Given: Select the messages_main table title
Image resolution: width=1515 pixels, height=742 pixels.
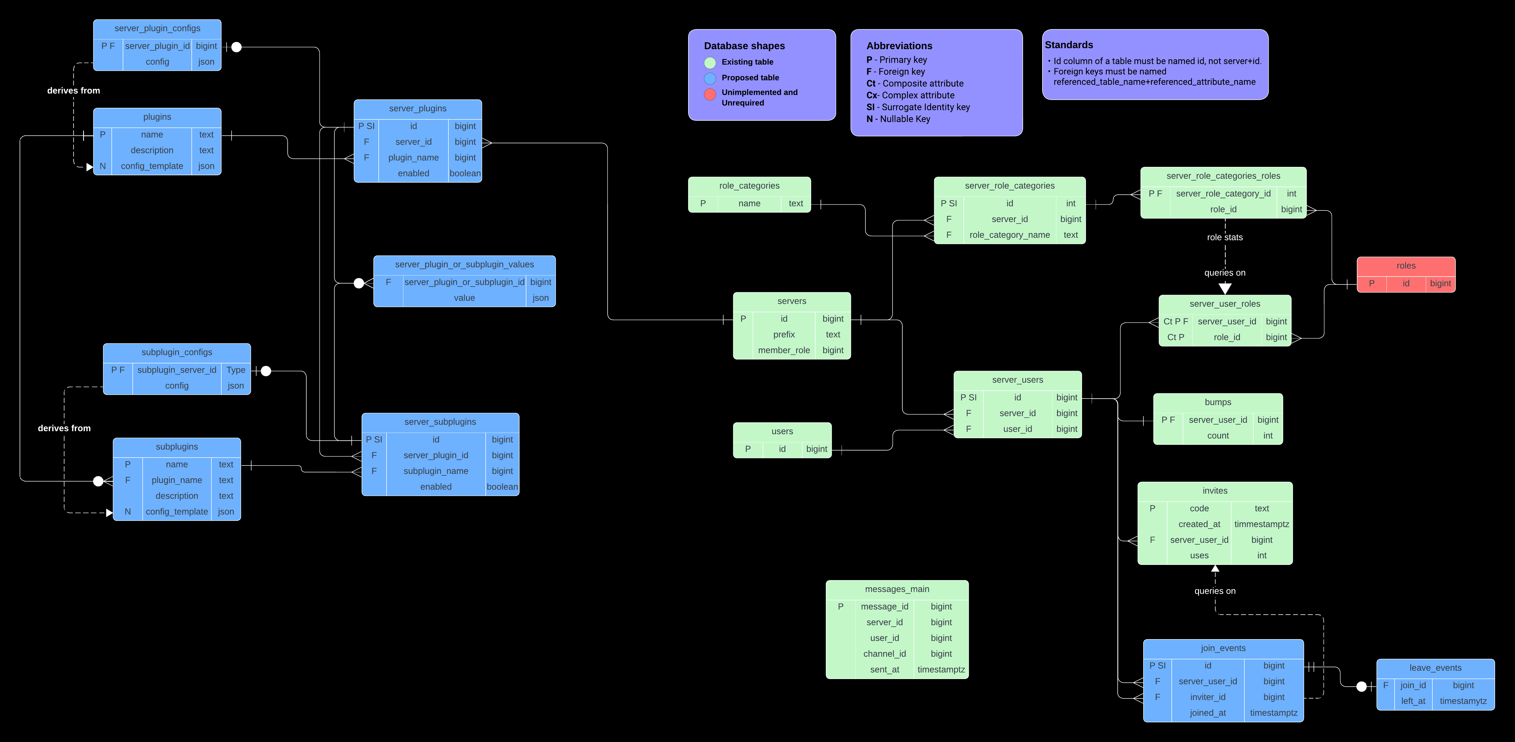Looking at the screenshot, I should click(x=897, y=589).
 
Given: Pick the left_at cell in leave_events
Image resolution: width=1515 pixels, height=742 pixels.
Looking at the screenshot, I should click(x=1413, y=701).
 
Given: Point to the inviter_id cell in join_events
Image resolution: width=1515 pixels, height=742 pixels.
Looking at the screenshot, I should click(x=1207, y=697).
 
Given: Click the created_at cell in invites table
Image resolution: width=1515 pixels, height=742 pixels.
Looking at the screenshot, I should click(x=1199, y=524).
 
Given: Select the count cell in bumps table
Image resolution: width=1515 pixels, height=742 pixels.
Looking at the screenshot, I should click(x=1217, y=436).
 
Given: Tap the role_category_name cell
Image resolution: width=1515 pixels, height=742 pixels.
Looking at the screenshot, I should click(x=1009, y=235).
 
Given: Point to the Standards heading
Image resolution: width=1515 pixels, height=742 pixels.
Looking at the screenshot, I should click(x=1069, y=45).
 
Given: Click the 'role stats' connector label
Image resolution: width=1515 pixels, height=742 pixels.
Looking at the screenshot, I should click(x=1224, y=237).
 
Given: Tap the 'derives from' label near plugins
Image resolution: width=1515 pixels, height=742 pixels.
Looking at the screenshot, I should click(x=73, y=91).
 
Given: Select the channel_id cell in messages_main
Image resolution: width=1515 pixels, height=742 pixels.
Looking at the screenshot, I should click(x=884, y=654).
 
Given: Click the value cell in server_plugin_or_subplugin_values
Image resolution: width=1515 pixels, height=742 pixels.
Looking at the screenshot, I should click(x=464, y=298).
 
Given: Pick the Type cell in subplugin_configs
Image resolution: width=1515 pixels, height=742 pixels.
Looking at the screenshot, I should click(x=236, y=370).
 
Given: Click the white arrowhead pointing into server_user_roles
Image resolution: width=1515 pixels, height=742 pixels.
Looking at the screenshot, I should click(x=1224, y=288).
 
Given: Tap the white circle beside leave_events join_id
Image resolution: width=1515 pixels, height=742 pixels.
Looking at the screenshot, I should click(x=1361, y=686).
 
